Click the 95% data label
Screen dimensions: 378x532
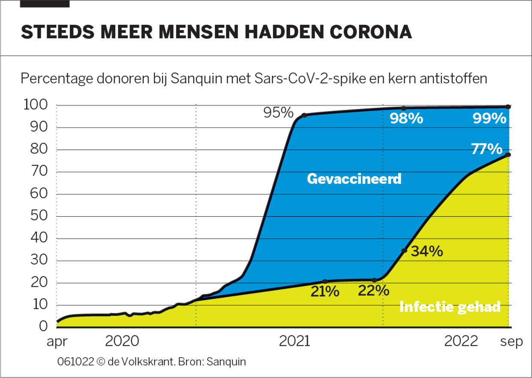[278, 113]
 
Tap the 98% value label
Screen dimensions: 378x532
[406, 118]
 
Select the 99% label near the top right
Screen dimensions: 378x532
[490, 118]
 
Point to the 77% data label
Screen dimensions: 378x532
[487, 149]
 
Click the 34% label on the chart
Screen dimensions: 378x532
[427, 251]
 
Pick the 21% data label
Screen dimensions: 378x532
[325, 292]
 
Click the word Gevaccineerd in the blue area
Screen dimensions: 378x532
[354, 178]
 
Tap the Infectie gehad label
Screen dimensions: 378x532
[450, 307]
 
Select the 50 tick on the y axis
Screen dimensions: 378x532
[39, 216]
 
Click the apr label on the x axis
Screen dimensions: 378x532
[57, 342]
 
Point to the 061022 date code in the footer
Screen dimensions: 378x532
[76, 361]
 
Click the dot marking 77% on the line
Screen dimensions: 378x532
[508, 154]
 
